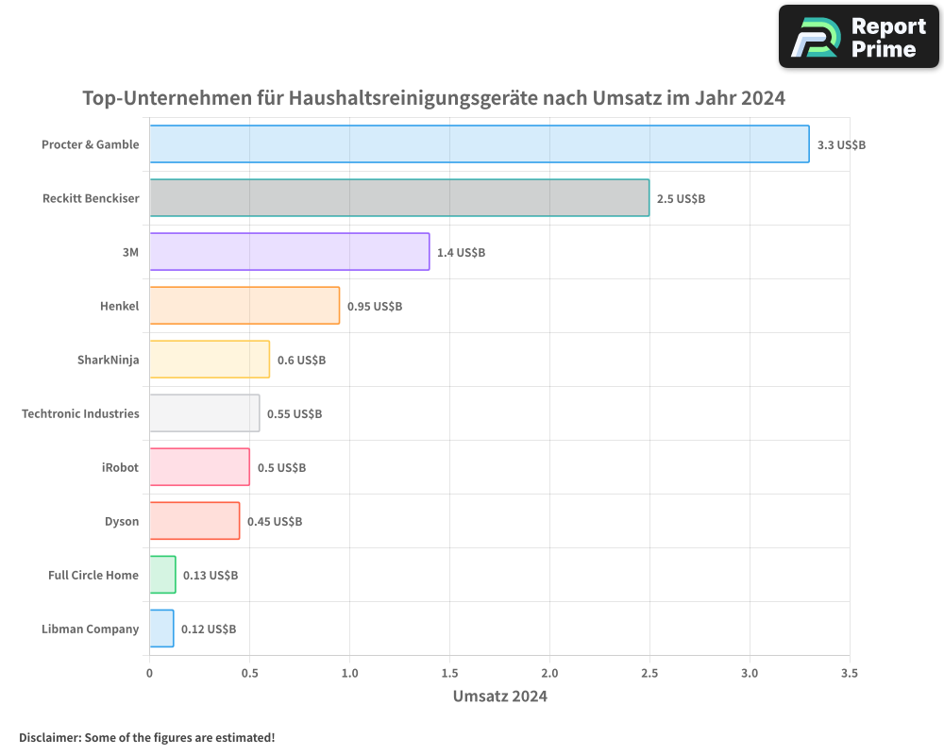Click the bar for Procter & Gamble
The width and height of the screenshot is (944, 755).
(479, 144)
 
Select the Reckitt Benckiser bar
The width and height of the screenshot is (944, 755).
(398, 198)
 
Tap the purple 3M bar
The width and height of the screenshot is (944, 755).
(289, 252)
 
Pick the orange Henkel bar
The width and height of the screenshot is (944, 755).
(244, 306)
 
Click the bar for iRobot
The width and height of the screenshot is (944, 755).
(199, 467)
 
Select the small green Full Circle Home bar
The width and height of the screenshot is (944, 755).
(162, 575)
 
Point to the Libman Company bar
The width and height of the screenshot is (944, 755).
(161, 629)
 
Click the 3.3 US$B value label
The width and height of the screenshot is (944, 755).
(841, 145)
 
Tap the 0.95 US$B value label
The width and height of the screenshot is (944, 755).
(374, 307)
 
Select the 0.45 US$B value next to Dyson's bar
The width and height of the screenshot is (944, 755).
(274, 522)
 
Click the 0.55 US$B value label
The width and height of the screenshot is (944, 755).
(295, 414)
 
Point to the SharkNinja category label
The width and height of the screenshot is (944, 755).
(108, 360)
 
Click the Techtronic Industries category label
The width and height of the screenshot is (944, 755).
(80, 413)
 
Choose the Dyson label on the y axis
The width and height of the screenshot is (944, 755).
(122, 521)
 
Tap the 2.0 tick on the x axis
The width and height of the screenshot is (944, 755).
(549, 674)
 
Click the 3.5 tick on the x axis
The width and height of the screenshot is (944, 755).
(849, 674)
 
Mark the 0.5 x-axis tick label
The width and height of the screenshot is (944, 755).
(249, 674)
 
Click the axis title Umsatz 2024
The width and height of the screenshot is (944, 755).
(499, 696)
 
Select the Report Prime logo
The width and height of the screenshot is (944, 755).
(858, 37)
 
